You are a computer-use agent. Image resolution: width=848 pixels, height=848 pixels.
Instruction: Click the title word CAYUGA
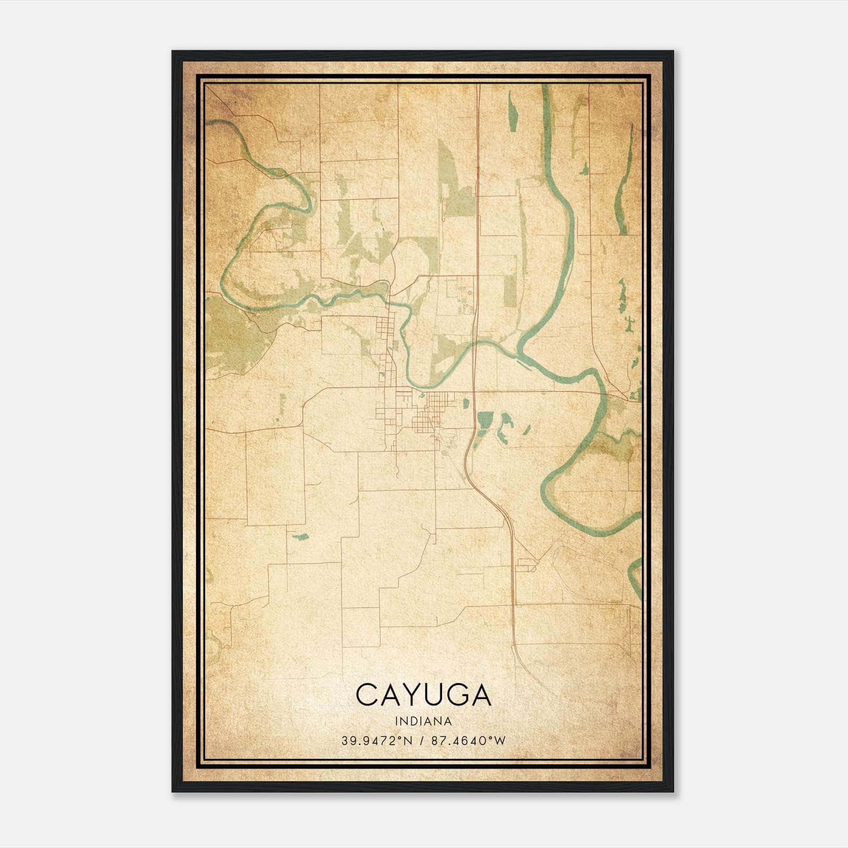click(423, 695)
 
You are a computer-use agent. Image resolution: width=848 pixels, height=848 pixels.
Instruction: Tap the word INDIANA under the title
click(423, 721)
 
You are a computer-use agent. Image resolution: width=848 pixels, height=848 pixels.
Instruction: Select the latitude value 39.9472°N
click(377, 741)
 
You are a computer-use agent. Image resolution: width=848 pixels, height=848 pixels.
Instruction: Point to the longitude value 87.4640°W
click(469, 741)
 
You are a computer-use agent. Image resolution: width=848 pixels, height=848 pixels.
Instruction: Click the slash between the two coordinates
click(422, 741)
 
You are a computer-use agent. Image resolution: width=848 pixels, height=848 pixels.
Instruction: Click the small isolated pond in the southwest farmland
click(301, 536)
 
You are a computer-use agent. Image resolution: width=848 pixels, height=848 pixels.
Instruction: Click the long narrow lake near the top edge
click(512, 111)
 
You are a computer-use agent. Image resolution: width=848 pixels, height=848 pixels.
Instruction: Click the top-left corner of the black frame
click(173, 52)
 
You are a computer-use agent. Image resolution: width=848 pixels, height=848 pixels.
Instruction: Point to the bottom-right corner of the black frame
click(673, 791)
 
